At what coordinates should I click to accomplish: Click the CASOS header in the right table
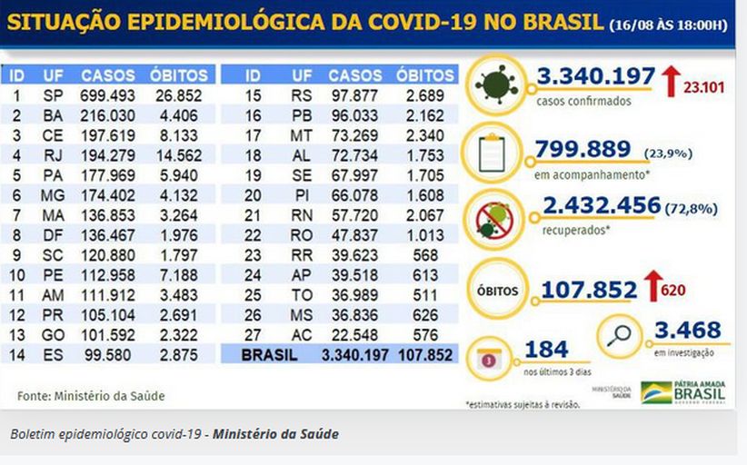[x=355, y=75]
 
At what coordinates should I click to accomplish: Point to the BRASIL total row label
[x=269, y=356]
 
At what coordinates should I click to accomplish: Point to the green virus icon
[x=495, y=84]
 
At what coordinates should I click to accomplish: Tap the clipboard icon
[x=495, y=152]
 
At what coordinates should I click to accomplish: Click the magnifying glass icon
[x=622, y=336]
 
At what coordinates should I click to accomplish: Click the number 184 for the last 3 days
[x=546, y=349]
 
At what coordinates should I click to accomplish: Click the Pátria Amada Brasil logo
[x=683, y=392]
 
